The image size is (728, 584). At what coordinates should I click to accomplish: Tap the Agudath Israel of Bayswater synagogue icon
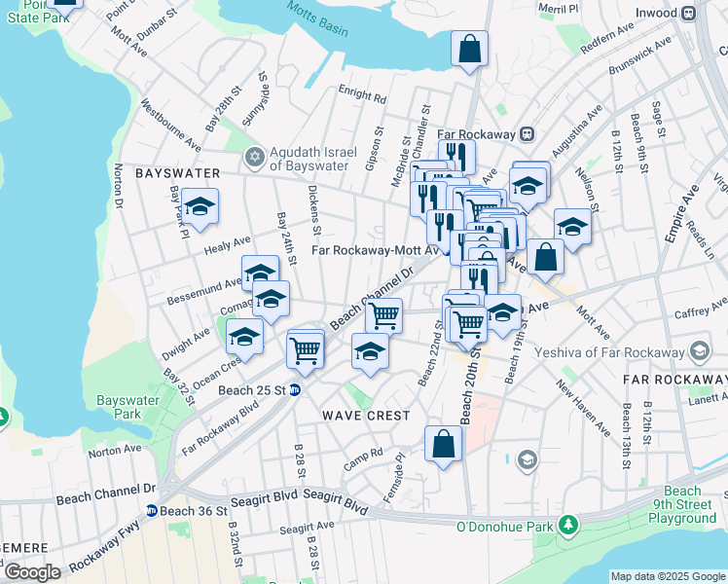(255, 157)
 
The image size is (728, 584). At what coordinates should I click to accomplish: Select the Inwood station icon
(688, 13)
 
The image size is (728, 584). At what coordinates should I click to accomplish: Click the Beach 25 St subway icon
(295, 390)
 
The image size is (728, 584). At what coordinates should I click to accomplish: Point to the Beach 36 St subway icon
(152, 510)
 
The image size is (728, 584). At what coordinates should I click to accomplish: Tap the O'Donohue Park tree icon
(567, 527)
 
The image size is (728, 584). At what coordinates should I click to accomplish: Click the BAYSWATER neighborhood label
(177, 172)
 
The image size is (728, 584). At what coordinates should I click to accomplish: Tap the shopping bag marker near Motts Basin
(469, 49)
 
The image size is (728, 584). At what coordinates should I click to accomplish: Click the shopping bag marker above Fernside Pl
(443, 444)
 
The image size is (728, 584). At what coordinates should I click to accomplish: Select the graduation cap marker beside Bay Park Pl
(200, 207)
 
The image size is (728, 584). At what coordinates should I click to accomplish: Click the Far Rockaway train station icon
(527, 133)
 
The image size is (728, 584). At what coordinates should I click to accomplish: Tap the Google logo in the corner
(32, 572)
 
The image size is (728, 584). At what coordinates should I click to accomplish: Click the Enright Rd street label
(362, 95)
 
